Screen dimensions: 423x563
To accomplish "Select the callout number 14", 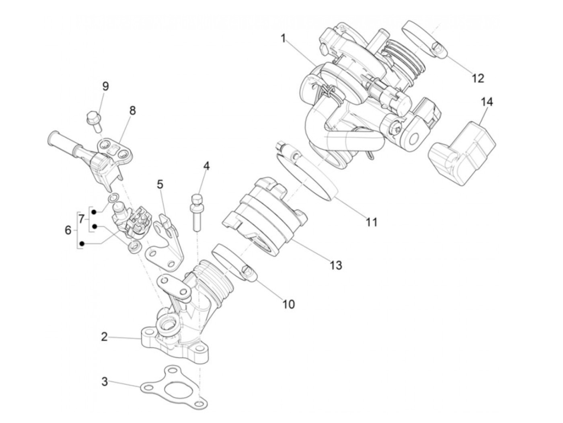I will pyautogui.click(x=487, y=102).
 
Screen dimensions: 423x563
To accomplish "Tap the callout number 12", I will pyautogui.click(x=478, y=78).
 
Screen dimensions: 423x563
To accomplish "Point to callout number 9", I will pyautogui.click(x=105, y=86).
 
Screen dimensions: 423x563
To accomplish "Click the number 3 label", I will pyautogui.click(x=105, y=381).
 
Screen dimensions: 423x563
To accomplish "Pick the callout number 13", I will pyautogui.click(x=336, y=265).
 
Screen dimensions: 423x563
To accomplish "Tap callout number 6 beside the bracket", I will pyautogui.click(x=68, y=230).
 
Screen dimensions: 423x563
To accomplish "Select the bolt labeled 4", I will pyautogui.click(x=197, y=211).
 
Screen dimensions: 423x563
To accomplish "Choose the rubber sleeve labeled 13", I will pyautogui.click(x=261, y=221).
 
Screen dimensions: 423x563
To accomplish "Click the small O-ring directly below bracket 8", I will pyautogui.click(x=114, y=198).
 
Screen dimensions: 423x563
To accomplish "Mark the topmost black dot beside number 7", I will pyautogui.click(x=94, y=211).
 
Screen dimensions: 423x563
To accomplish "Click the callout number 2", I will pyautogui.click(x=105, y=337).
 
